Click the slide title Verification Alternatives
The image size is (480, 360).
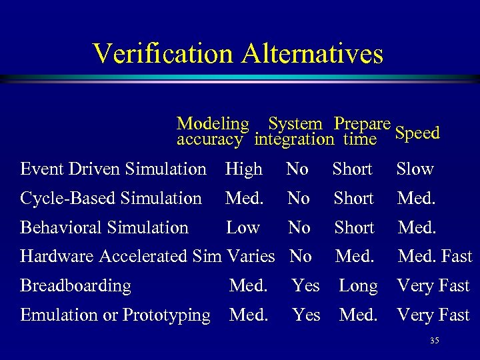[x=239, y=53]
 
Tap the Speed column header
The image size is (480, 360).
[x=417, y=133]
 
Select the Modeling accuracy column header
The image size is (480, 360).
[x=212, y=131]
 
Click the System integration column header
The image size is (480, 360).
[x=294, y=131]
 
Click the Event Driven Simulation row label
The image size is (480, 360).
[x=113, y=169]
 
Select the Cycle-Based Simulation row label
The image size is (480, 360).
[x=111, y=198]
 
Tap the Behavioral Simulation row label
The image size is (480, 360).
[x=104, y=227]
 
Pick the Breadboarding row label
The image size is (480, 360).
[x=75, y=285]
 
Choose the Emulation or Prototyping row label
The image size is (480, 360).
[x=115, y=315]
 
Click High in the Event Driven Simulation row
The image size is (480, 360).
[x=244, y=169]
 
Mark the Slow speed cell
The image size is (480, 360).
[x=415, y=169]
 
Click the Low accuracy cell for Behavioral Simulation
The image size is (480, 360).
[x=243, y=227]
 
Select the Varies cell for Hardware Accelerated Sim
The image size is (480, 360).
[x=251, y=256]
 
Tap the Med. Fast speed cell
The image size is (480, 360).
[x=435, y=256]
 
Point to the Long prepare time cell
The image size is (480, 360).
[x=358, y=285]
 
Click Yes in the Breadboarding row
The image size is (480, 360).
[x=306, y=285]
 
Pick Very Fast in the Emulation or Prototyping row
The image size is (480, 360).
[x=433, y=315]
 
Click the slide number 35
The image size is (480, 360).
[x=435, y=341]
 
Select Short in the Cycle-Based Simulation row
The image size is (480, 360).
[x=353, y=198]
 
